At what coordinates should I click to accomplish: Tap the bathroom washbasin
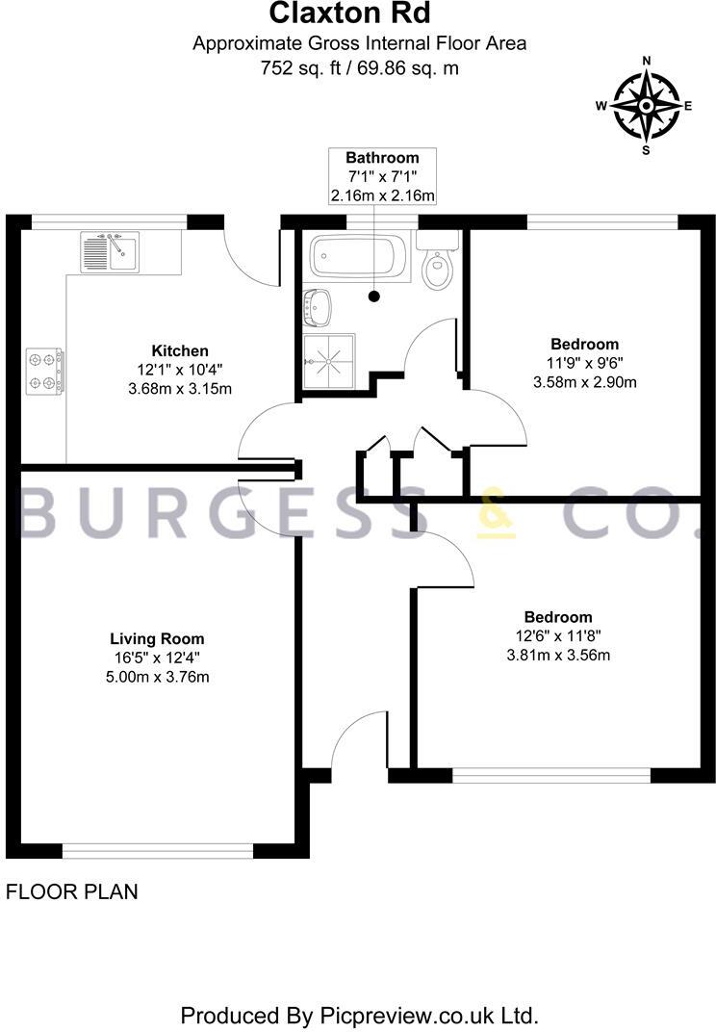coord(319,307)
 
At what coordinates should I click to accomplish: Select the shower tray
coord(329,361)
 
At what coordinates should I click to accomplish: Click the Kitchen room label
coord(180,350)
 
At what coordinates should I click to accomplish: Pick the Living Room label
coord(157,638)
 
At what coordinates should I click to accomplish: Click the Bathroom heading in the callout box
coord(382,158)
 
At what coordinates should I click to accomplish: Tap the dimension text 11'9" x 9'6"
coord(584,363)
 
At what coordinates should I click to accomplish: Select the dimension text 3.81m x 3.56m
coord(558,656)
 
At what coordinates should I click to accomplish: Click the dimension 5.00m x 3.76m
coord(157,676)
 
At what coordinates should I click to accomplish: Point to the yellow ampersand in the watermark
coord(497,515)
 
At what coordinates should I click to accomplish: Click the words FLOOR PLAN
coord(72,891)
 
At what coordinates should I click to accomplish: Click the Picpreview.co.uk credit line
coord(359,1015)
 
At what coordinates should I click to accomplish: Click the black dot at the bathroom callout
coord(375,297)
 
